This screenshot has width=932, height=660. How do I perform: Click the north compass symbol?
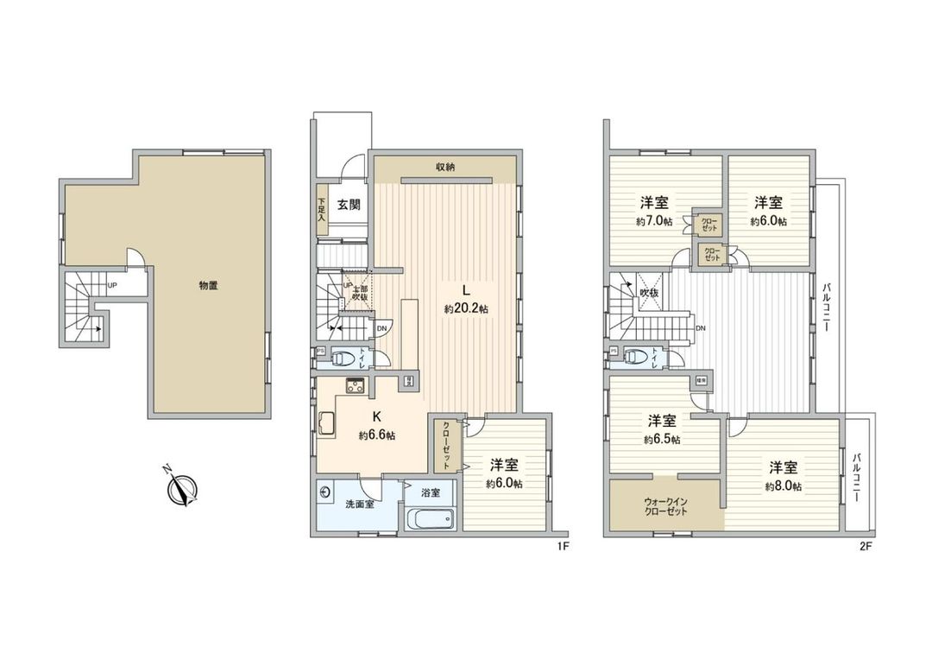point(183,488)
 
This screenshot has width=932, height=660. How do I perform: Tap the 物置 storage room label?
point(208,285)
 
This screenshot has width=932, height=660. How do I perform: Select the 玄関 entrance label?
point(348,205)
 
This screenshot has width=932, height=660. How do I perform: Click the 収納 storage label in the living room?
point(444,168)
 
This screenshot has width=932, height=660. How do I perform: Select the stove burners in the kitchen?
point(355,385)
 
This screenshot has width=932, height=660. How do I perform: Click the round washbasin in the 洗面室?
point(325,492)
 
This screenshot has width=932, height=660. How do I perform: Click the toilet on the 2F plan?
point(635,355)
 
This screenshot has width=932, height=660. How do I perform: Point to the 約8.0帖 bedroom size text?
point(784,487)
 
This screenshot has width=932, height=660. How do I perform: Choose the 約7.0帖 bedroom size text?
point(652,221)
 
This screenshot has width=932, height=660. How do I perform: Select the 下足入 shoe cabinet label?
point(320,212)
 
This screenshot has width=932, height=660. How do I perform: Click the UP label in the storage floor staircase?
point(112,284)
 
